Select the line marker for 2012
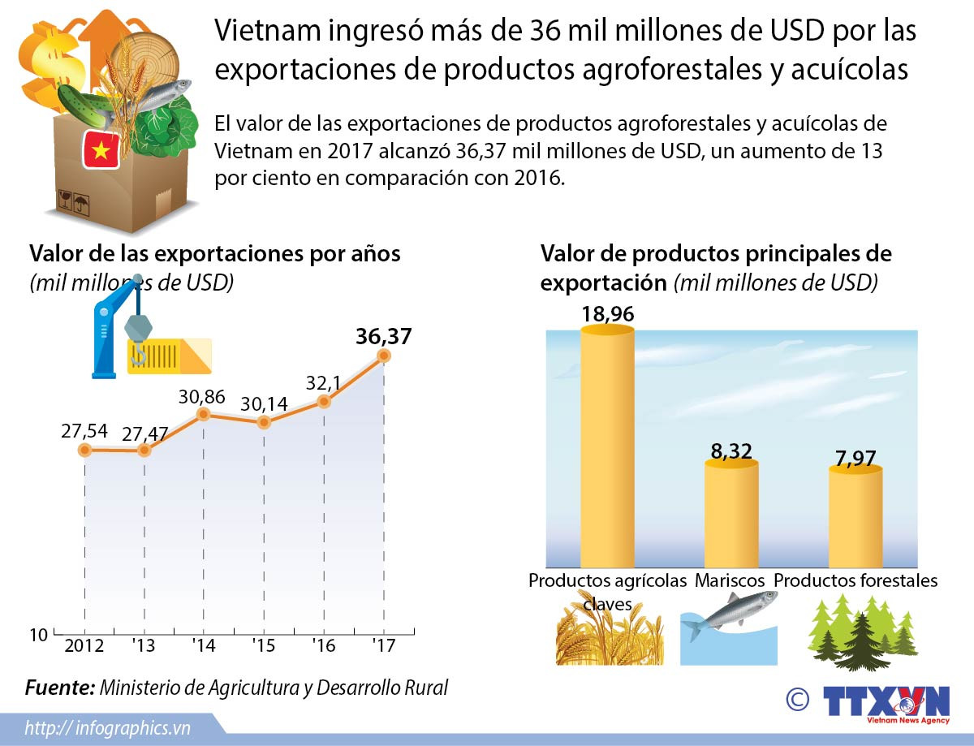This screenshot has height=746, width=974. tap(84, 450)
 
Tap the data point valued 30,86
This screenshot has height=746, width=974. tap(204, 414)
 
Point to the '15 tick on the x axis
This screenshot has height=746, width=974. tap(264, 646)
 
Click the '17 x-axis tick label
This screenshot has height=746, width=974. tap(383, 646)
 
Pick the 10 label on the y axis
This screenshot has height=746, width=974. tap(39, 635)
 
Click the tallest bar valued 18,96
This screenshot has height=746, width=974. tap(608, 446)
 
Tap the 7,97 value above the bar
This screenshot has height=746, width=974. tap(855, 458)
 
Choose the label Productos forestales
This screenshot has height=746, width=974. tap(855, 581)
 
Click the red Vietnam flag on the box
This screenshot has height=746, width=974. tap(101, 149)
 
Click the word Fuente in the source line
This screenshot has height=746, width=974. tap(59, 688)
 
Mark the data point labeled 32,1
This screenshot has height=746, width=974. tap(324, 401)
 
